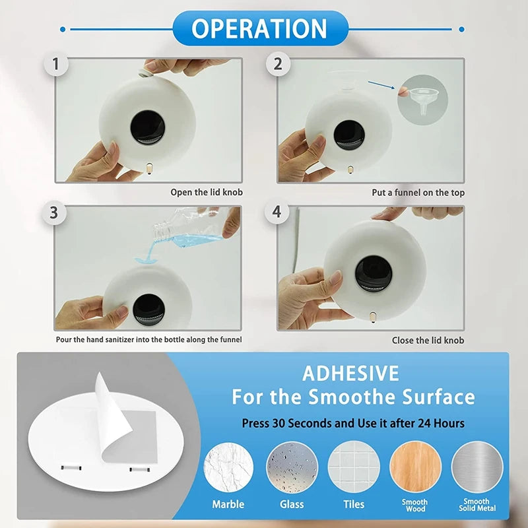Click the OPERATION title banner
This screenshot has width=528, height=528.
[259, 28]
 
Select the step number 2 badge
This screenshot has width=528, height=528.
[278, 64]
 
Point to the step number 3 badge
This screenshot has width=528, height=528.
[53, 213]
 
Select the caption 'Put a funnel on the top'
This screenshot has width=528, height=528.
[418, 193]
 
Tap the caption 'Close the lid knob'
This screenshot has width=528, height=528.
[428, 340]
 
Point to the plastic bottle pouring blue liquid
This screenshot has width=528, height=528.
[188, 228]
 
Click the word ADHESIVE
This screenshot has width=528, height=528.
[350, 374]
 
